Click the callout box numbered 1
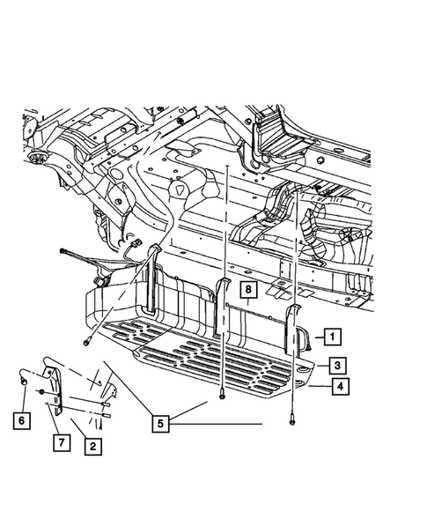[333, 337]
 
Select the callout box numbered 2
[93, 446]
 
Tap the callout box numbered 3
[337, 366]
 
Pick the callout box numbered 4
[341, 386]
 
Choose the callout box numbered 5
[160, 423]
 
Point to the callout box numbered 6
[21, 420]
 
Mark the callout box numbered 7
[62, 442]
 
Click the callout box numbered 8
[248, 290]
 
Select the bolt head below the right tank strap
[292, 421]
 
